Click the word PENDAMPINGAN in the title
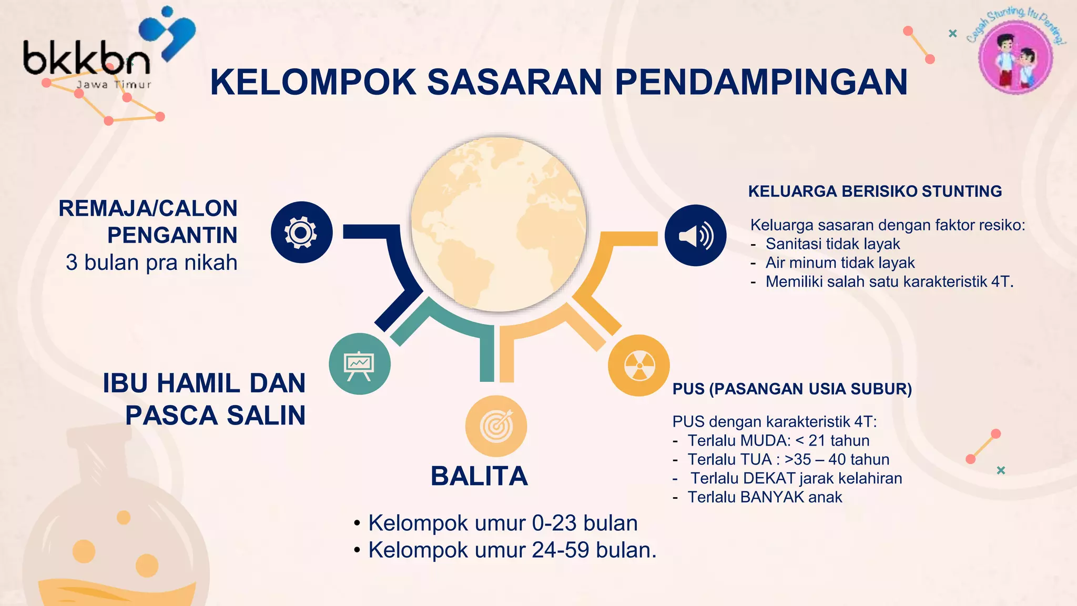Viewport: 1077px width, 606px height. (761, 82)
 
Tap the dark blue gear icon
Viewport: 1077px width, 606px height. (301, 232)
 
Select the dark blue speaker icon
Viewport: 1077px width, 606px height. (695, 235)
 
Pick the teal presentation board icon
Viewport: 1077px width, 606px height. (360, 363)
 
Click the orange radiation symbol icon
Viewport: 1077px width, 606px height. (638, 365)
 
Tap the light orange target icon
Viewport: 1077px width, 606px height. (496, 426)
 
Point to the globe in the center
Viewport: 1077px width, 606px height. (499, 224)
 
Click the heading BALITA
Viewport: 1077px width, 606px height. (479, 476)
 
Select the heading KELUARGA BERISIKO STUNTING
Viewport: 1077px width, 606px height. (875, 191)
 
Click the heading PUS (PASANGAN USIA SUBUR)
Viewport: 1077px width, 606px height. (792, 389)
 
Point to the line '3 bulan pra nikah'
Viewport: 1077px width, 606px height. (151, 262)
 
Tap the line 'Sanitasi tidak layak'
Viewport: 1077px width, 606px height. (832, 244)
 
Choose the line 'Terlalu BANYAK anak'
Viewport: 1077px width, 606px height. (765, 497)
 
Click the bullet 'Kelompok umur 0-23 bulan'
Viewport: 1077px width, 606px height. (503, 523)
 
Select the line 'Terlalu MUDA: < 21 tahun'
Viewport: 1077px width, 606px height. (778, 440)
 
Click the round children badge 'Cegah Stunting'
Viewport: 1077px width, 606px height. (1015, 56)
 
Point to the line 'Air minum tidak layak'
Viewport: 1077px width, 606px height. (840, 262)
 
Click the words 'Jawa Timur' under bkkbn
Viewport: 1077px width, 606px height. (114, 85)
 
